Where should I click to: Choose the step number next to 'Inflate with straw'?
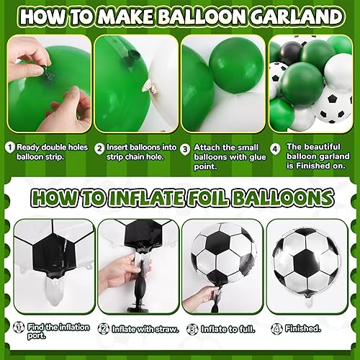point(103,328)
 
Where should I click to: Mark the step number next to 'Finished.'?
point(276,328)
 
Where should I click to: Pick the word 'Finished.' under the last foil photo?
point(303,328)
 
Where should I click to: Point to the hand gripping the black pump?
point(121,270)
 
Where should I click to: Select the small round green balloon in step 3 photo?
point(235,58)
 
